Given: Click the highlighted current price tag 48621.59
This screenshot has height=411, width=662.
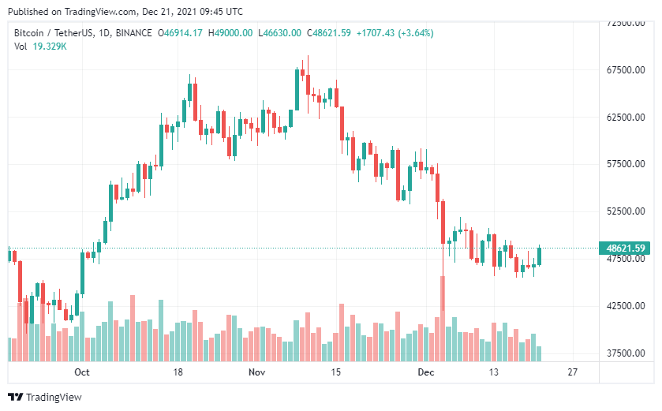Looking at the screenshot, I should pos(626,248).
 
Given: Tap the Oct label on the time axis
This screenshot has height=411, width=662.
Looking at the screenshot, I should pos(81,372).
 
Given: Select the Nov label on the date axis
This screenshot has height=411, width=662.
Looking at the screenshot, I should pos(256,372).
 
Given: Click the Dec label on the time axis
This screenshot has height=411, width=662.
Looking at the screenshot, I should pos(426,372).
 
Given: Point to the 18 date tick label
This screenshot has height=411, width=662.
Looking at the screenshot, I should pos(178,372).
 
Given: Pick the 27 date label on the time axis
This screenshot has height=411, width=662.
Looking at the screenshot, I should pos(573,372).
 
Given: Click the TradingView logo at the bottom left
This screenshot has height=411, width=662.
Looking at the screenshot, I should pos(45,397).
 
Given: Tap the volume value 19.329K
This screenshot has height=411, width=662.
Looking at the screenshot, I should pos(50,47).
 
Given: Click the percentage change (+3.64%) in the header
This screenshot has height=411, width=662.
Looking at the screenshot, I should pos(415,33).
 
